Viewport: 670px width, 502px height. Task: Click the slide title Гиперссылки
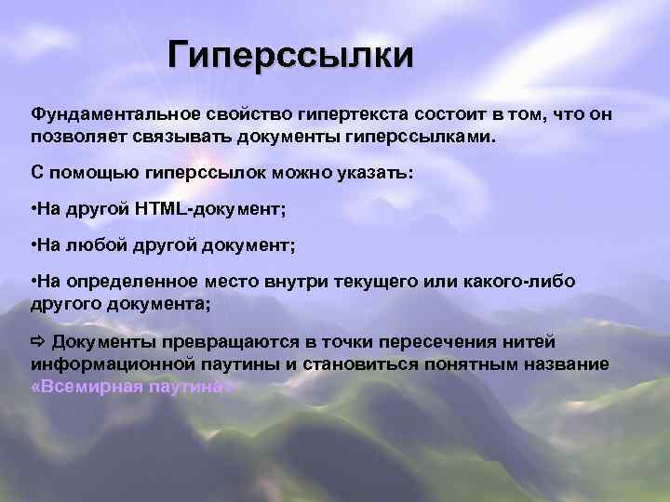[x=289, y=57]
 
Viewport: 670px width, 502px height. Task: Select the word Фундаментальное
[x=104, y=114]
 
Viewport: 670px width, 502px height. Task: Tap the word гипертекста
[x=343, y=114]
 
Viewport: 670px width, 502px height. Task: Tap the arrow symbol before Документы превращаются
[x=38, y=340]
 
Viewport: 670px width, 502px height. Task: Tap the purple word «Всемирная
[x=84, y=385]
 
